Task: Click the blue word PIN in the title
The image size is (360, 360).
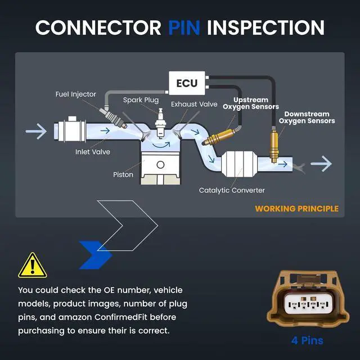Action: click(x=184, y=28)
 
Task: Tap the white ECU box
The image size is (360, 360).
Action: click(x=187, y=83)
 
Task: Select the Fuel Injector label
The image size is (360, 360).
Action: click(x=76, y=94)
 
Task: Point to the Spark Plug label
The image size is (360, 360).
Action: click(x=141, y=100)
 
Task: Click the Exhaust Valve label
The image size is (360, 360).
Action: click(x=194, y=104)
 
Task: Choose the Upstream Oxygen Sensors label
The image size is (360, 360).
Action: click(x=251, y=103)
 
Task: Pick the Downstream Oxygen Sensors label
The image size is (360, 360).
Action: click(x=307, y=118)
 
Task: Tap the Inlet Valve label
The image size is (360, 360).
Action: click(x=93, y=152)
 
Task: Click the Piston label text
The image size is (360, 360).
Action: click(x=123, y=174)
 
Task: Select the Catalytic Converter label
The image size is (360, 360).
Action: click(x=232, y=190)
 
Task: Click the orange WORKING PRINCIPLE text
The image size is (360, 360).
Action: click(x=297, y=209)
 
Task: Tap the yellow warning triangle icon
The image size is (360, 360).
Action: click(x=33, y=265)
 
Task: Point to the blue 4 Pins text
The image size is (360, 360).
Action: click(x=308, y=340)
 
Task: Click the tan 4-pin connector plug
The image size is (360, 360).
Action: click(x=308, y=299)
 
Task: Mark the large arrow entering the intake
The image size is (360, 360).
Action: click(x=36, y=131)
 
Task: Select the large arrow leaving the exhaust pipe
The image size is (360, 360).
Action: click(x=321, y=164)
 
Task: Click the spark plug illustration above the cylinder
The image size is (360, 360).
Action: click(x=160, y=124)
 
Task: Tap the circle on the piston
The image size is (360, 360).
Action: click(x=160, y=165)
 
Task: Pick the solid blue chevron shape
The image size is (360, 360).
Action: click(x=96, y=255)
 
